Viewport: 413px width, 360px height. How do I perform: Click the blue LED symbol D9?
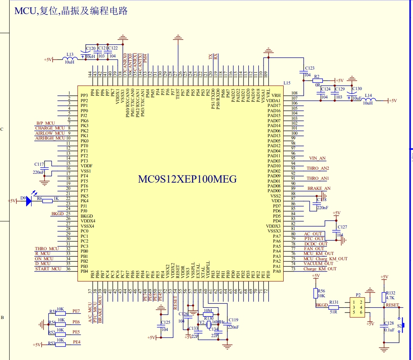[29, 201]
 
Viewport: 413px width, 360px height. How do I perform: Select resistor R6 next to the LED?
[47, 201]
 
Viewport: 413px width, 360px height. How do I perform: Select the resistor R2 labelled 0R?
[317, 80]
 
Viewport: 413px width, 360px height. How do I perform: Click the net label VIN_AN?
[317, 158]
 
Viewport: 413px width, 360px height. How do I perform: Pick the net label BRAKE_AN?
[319, 188]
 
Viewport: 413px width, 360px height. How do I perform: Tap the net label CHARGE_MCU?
[50, 128]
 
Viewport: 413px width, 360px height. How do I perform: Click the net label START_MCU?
[48, 269]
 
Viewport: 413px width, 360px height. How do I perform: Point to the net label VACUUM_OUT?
[319, 264]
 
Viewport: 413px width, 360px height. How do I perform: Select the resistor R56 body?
[315, 293]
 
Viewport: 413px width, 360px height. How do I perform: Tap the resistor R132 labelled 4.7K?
[384, 297]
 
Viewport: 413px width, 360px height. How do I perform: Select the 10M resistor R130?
[208, 315]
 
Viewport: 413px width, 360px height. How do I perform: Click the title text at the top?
[71, 11]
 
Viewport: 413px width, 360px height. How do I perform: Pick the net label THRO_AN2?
[318, 168]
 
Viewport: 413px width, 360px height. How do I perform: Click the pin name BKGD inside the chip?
[86, 216]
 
